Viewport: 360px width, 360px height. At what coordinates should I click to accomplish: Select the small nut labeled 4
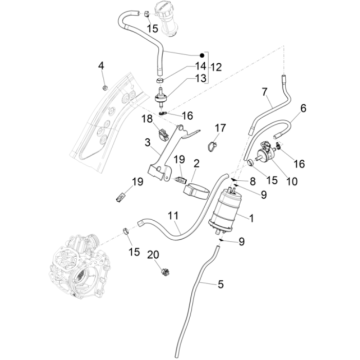click(x=104, y=87)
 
